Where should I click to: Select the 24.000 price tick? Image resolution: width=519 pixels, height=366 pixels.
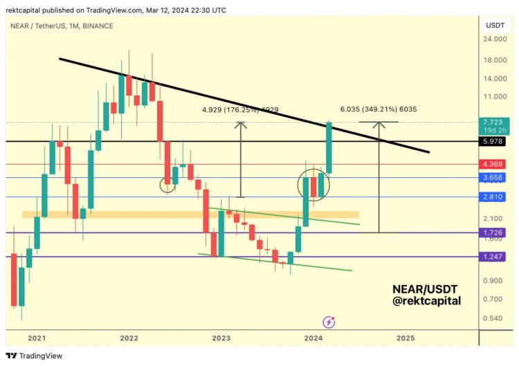point(494,39)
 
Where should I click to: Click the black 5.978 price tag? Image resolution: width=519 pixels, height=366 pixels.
point(494,141)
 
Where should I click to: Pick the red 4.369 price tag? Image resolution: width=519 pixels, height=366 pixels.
point(494,164)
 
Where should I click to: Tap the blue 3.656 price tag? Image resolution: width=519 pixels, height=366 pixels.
point(494,178)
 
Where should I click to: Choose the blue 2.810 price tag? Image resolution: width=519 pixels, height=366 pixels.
point(494,197)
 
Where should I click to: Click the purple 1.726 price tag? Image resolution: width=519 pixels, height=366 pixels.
point(494,232)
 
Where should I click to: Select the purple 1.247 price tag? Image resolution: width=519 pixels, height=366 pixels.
point(494,256)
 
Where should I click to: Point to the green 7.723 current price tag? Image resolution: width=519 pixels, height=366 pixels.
point(494,122)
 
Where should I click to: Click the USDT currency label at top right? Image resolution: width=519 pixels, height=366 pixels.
point(495,25)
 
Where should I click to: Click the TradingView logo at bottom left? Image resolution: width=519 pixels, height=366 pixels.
point(35,356)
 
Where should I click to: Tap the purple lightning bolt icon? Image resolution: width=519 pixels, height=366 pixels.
point(329,322)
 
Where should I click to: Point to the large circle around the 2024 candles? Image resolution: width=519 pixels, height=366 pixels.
point(313,185)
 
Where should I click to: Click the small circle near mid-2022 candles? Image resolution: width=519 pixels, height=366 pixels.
point(167,184)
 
